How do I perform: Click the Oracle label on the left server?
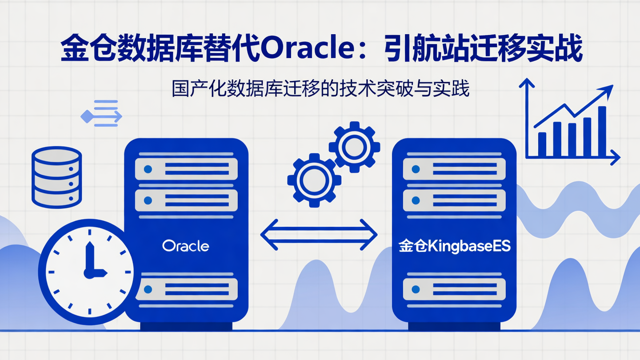185,246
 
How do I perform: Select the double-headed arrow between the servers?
318,234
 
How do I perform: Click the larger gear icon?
314,180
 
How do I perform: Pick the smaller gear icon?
354,147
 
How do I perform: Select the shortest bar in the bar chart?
542,144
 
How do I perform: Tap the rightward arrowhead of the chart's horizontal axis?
616,157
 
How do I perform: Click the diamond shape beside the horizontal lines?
86,116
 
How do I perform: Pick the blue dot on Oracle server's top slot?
148,169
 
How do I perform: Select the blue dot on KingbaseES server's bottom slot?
416,289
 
